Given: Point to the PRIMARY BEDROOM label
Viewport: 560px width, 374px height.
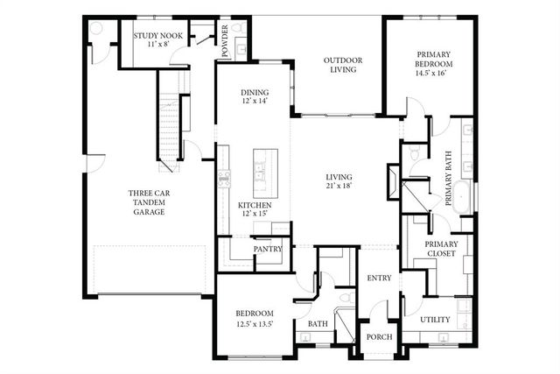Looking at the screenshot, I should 434,60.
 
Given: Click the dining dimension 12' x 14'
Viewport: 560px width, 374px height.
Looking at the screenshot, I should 255,102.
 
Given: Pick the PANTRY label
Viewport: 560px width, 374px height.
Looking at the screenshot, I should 266,249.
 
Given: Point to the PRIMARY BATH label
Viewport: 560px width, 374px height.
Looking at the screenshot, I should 448,178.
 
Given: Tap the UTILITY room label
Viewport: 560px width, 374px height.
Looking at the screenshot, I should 435,320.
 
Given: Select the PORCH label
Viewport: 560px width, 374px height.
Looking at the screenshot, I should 380,338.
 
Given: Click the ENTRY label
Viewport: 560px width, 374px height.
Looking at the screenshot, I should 378,279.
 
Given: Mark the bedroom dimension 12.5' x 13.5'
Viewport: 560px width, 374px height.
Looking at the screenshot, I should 255,324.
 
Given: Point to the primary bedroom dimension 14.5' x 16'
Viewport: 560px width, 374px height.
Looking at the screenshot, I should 434,74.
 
